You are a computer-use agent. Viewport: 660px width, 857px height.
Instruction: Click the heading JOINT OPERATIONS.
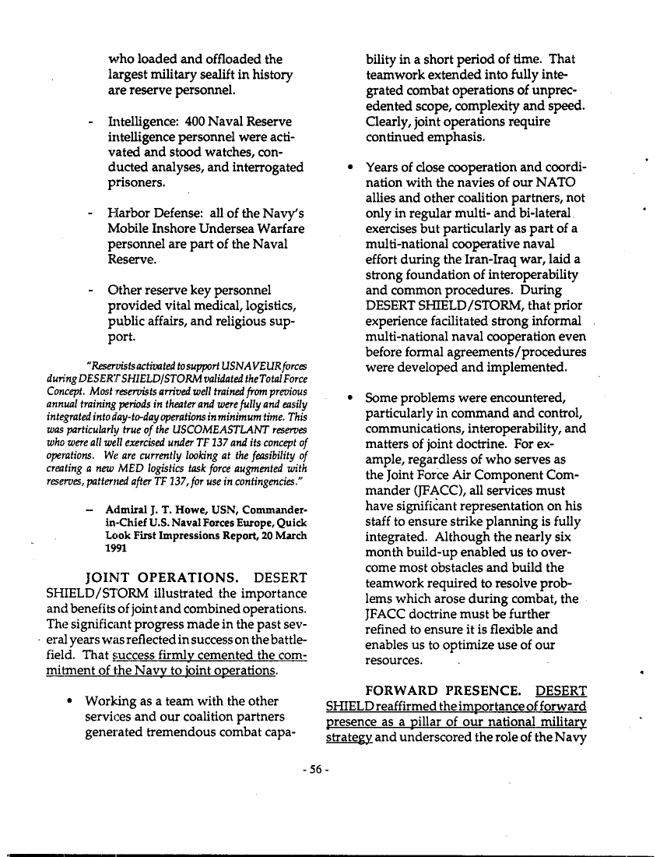(160, 578)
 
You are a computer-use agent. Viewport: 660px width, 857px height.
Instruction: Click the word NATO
(546, 183)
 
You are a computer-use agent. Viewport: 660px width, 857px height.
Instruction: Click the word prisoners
(135, 183)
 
